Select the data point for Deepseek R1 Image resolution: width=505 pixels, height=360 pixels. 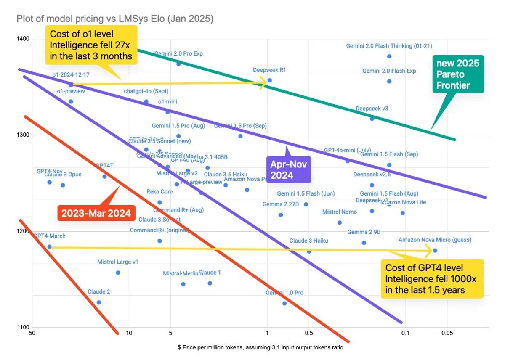pos(270,80)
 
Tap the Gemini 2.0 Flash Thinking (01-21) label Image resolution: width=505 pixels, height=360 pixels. pos(389,46)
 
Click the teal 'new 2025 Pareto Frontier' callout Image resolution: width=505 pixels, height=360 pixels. pos(458,75)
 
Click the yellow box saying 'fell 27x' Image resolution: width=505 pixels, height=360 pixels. pos(91,45)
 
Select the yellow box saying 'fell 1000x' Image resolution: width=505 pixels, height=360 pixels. pos(431,278)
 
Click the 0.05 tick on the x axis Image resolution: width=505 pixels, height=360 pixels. pos(447,334)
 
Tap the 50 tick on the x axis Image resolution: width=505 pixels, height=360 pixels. pos(32,334)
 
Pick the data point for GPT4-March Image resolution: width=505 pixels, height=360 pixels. pos(49,247)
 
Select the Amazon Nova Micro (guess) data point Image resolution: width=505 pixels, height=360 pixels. pos(435,251)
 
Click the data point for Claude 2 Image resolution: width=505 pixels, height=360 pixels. pos(99,302)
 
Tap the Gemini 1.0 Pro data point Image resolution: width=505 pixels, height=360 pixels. pos(284,303)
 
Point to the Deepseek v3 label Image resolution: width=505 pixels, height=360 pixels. pos(372,109)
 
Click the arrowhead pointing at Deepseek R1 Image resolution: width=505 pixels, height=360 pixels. pos(263,83)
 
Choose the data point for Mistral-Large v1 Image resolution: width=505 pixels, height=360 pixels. pos(118,273)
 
